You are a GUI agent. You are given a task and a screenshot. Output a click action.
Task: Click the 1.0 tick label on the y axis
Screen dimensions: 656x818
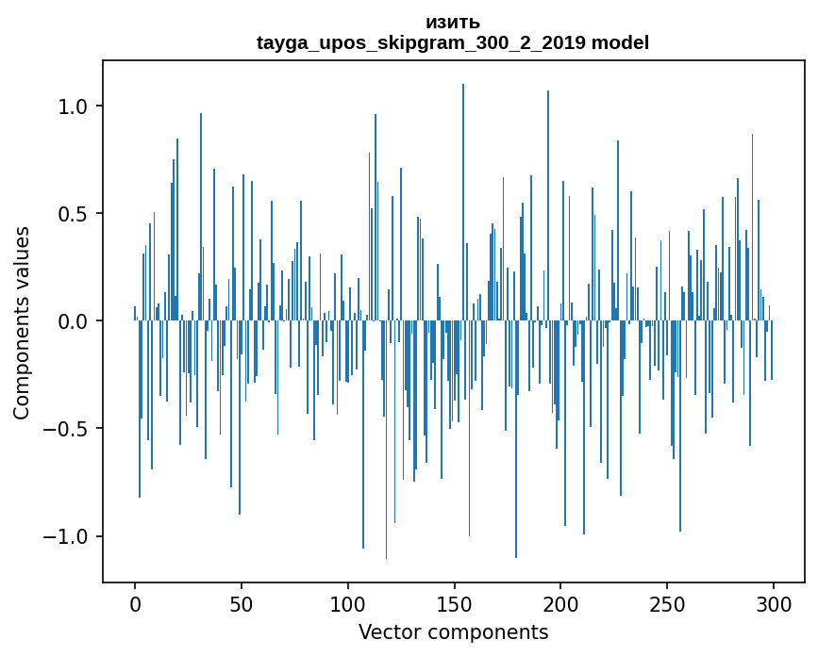74,107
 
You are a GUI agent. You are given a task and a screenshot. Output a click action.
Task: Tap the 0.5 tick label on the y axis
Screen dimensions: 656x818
74,214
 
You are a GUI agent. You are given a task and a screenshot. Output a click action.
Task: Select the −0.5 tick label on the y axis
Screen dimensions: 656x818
66,429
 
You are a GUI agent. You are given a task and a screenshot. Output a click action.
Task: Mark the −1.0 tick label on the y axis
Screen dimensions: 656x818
66,536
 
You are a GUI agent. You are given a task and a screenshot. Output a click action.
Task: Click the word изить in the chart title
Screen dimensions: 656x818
453,23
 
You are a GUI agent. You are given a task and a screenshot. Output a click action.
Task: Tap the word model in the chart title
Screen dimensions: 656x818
620,43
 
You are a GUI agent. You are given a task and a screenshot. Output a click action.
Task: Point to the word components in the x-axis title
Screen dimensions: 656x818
486,631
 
